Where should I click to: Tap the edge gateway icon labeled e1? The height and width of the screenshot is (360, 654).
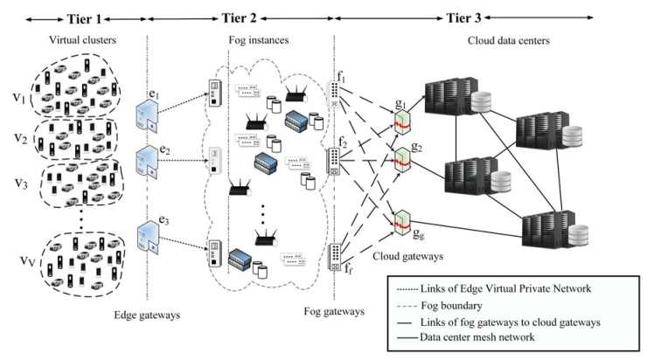146,114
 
